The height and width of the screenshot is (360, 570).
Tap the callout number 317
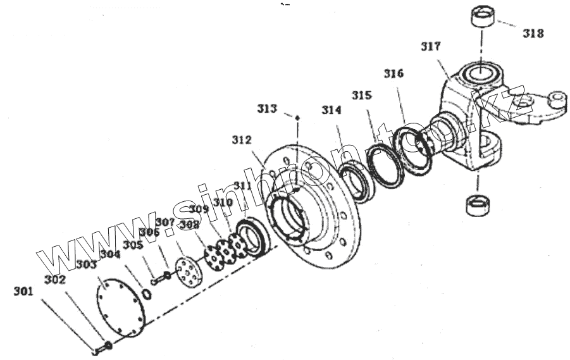click(431, 46)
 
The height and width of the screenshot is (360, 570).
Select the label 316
click(393, 73)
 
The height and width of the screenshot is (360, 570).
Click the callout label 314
click(331, 110)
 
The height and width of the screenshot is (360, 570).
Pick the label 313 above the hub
click(267, 109)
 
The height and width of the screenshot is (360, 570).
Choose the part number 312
click(242, 140)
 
